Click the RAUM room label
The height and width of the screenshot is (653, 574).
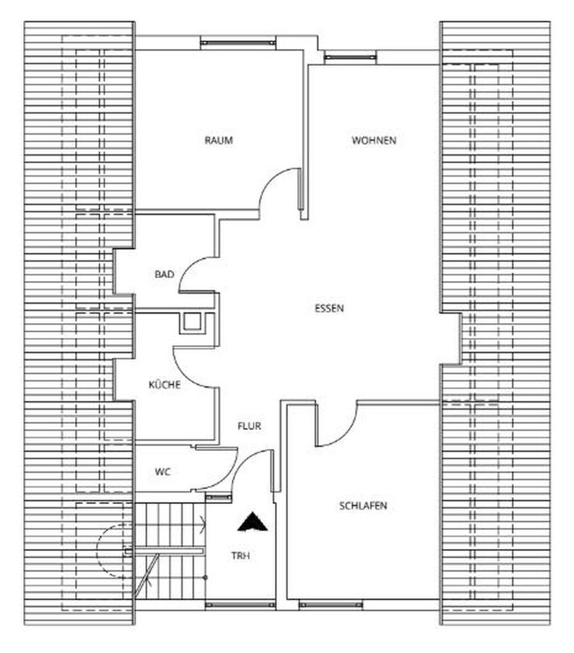click(218, 141)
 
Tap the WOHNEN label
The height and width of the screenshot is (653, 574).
click(373, 141)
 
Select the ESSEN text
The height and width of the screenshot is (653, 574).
click(329, 308)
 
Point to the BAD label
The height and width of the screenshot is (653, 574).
click(164, 275)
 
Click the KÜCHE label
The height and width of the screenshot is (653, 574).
click(165, 385)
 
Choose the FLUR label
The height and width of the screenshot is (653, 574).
click(249, 426)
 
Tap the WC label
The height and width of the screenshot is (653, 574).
click(162, 471)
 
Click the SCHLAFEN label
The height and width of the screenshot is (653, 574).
click(362, 506)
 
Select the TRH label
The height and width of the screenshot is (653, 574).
click(240, 556)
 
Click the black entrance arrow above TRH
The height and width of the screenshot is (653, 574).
click(252, 522)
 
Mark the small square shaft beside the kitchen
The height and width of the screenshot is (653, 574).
click(192, 323)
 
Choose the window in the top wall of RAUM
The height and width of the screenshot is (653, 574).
click(238, 43)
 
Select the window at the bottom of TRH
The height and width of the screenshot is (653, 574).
click(239, 604)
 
